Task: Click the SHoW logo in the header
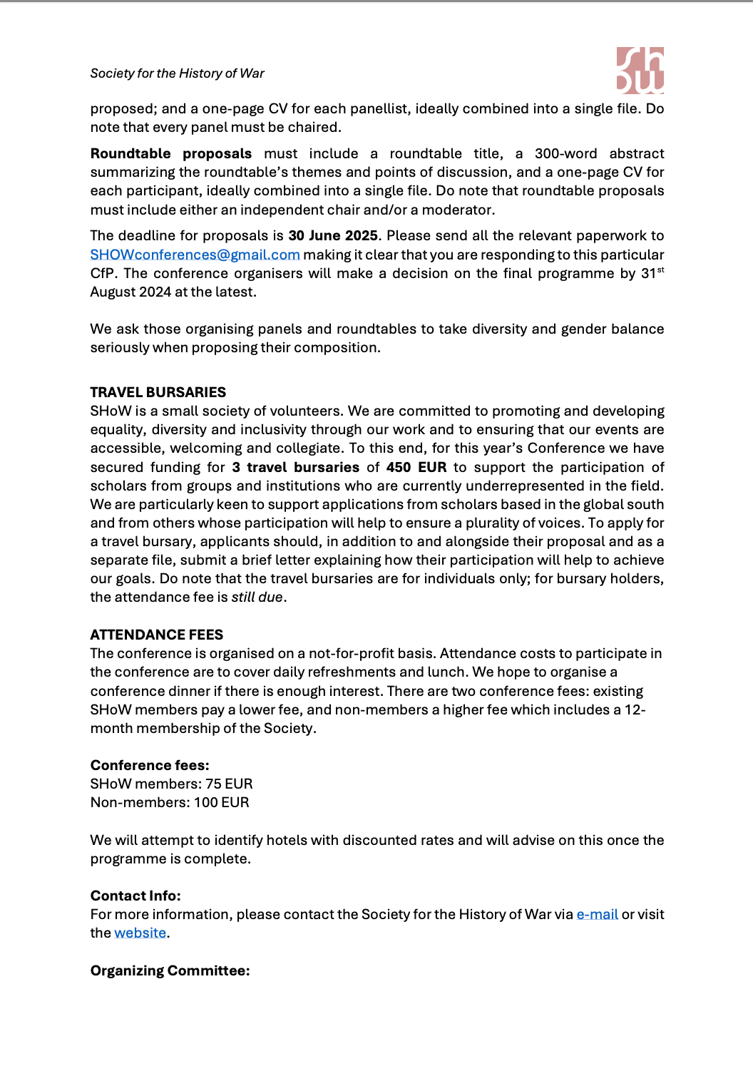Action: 640,71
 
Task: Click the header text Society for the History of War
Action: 177,73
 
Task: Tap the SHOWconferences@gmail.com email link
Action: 195,255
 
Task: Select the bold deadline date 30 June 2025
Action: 333,236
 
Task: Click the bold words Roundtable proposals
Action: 171,154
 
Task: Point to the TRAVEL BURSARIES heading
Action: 158,392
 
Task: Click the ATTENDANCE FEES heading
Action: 156,635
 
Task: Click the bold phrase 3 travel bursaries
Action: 295,468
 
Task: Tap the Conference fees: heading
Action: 150,765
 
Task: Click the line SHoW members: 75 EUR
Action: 171,784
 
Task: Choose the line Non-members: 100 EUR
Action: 170,802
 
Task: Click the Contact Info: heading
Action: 135,896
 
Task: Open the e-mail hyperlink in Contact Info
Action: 597,915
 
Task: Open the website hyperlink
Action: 140,933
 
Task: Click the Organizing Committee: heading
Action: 170,970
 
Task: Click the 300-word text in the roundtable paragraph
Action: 565,154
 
